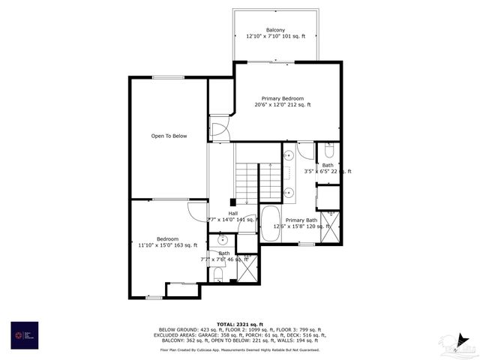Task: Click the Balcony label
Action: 275,29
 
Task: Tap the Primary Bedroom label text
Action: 282,98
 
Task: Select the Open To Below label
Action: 169,136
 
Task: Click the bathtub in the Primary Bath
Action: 270,225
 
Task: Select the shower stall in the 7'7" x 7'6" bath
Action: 247,268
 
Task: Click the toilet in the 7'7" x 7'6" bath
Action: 217,274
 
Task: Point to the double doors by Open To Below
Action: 218,130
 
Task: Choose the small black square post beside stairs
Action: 232,202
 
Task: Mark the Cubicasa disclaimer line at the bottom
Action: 240,349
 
